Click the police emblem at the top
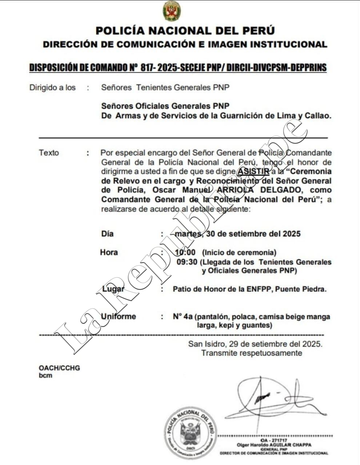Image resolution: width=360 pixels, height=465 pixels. click(171, 11)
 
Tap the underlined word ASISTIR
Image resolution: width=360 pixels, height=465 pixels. click(254, 171)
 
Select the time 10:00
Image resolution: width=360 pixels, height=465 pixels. click(185, 252)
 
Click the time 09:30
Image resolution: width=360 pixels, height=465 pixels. click(187, 262)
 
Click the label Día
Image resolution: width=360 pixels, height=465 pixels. click(107, 234)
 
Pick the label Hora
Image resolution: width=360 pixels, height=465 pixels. click(109, 252)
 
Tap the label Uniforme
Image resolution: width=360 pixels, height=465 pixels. click(118, 316)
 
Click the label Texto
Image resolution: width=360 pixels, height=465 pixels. click(49, 153)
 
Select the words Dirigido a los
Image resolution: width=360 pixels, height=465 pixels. click(52, 88)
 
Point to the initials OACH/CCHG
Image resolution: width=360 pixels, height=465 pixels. click(59, 368)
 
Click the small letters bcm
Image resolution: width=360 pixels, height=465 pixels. click(45, 376)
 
